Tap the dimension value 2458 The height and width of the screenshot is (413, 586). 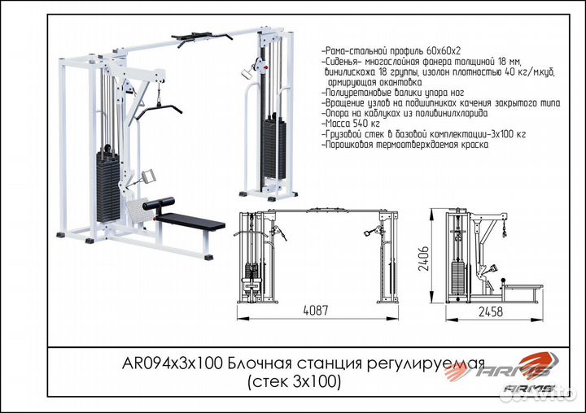coord(490,311)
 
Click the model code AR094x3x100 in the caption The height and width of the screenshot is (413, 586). coord(178,364)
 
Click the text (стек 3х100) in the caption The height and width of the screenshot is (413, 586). coord(293,380)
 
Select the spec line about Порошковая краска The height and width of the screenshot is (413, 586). coord(405,144)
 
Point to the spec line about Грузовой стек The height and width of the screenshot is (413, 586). coord(424,133)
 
